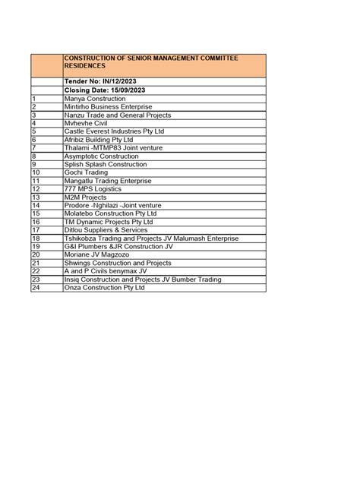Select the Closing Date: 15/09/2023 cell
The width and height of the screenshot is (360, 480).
click(105, 90)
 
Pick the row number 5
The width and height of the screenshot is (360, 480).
click(34, 131)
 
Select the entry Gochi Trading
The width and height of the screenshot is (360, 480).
click(86, 172)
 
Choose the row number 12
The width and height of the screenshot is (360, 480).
click(36, 189)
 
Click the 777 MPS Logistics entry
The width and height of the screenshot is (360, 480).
click(93, 189)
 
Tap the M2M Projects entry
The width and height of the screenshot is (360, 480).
click(85, 197)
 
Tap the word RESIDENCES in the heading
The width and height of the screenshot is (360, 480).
click(84, 66)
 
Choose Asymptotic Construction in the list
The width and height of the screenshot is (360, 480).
click(102, 156)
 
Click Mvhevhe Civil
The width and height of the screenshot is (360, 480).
click(86, 123)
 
